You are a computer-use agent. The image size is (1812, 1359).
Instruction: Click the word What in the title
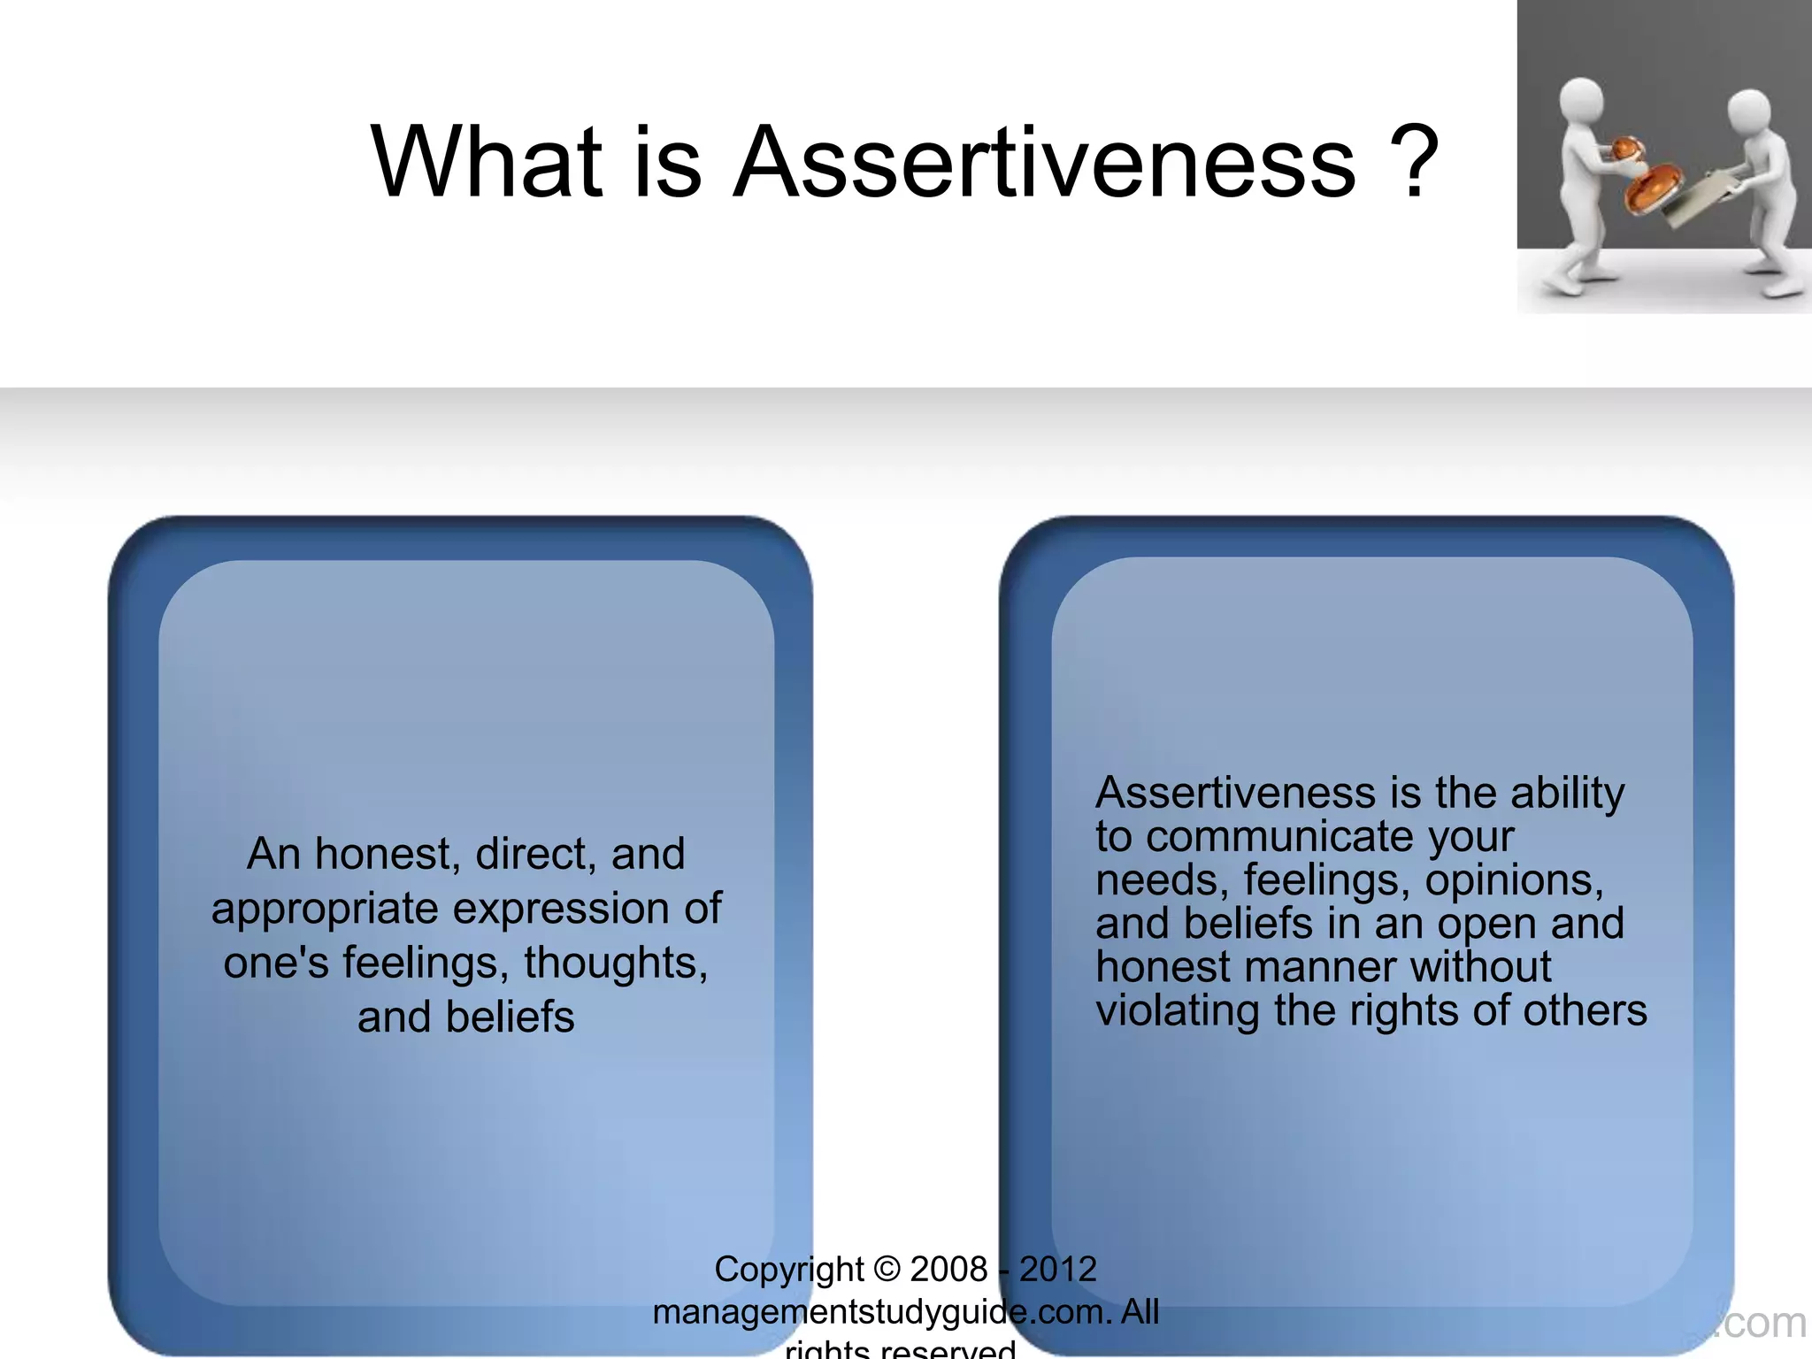pos(488,163)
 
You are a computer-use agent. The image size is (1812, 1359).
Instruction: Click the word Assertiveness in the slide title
pos(1045,163)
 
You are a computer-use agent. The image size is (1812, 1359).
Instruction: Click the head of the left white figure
pos(1580,100)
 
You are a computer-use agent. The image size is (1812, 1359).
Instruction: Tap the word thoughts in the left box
pos(616,963)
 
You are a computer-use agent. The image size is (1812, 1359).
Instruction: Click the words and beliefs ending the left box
pos(466,1017)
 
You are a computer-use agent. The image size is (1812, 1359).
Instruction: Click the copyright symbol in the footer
pos(887,1270)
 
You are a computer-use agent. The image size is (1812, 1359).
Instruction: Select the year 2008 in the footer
pos(948,1270)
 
